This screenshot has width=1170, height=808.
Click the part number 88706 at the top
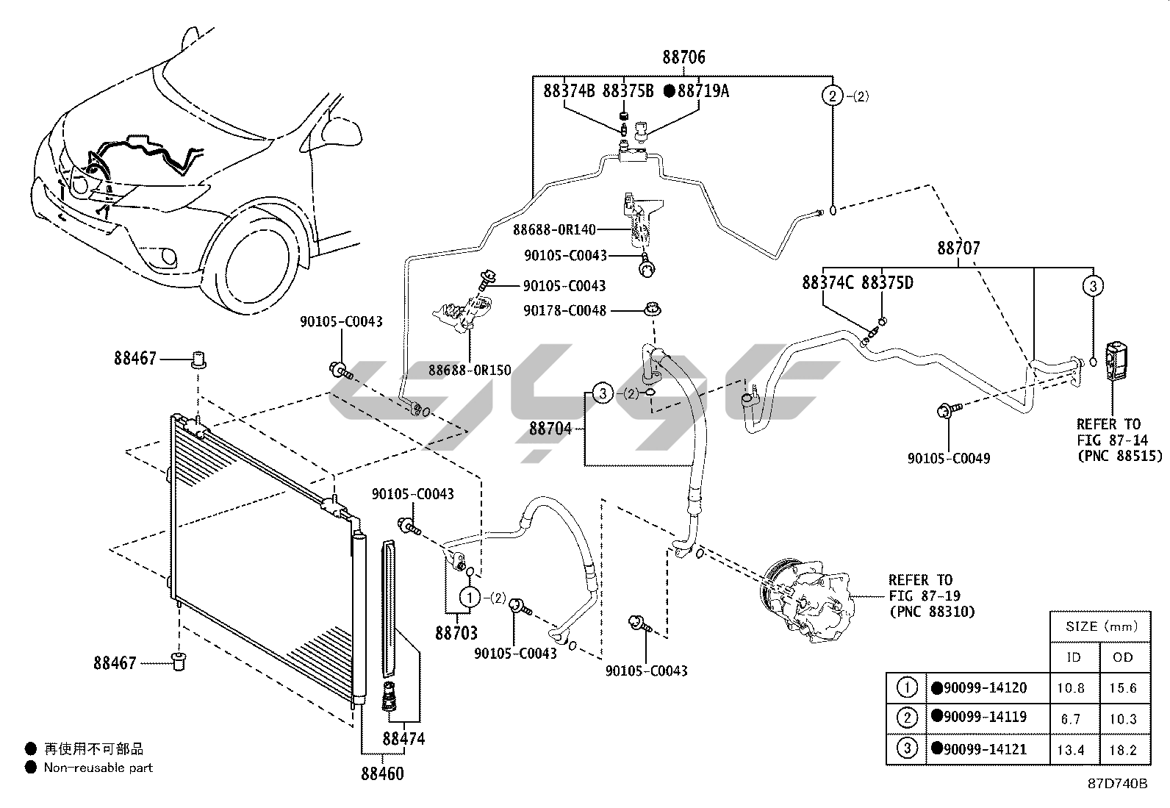683,57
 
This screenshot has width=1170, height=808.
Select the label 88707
958,249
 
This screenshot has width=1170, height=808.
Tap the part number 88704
550,429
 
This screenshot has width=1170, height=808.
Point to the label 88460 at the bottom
381,773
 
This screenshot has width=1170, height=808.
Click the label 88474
403,739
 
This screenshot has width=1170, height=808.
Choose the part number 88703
456,632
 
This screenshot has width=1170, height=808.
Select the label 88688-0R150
470,371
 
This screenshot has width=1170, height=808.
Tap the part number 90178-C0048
564,311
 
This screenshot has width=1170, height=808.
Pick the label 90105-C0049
948,459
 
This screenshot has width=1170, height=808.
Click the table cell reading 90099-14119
985,717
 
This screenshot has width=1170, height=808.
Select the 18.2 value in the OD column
1123,750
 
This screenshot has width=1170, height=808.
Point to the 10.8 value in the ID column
1074,688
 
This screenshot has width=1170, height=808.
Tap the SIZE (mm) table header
1100,627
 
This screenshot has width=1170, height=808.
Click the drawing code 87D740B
1117,784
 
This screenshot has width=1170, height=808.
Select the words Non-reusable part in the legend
98,768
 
